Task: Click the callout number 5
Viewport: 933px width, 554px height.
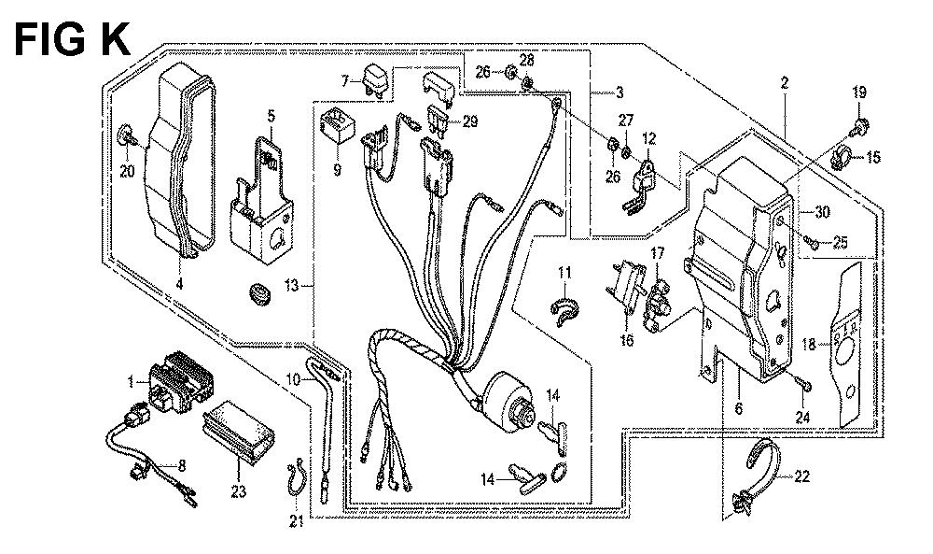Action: tap(271, 116)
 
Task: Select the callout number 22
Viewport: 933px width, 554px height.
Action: tap(801, 476)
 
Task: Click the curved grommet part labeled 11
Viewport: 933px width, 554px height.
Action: tap(563, 309)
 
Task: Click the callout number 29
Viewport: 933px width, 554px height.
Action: tap(468, 121)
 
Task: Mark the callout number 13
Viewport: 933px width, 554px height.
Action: tap(292, 284)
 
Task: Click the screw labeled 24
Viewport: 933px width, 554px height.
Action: tap(804, 382)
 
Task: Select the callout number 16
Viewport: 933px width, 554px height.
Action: tap(626, 341)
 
